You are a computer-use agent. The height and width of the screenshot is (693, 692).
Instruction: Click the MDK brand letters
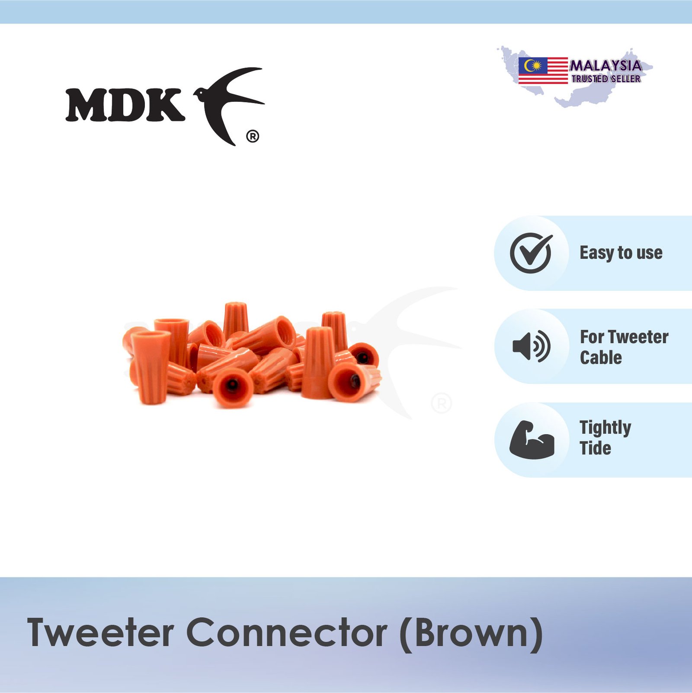tap(125, 105)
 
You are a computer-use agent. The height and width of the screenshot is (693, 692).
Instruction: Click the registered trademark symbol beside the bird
tap(253, 137)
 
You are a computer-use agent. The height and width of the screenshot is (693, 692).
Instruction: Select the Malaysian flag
tap(543, 71)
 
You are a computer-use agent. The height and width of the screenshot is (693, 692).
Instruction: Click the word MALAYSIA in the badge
tap(605, 66)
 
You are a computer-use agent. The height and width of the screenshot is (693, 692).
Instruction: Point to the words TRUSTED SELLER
tap(606, 79)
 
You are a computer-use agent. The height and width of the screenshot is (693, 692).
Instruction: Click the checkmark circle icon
tap(531, 253)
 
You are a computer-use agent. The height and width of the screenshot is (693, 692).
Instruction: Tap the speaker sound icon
tap(531, 347)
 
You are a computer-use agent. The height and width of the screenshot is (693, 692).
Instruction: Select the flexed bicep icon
tap(532, 439)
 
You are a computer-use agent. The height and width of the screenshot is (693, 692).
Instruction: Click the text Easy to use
tap(621, 253)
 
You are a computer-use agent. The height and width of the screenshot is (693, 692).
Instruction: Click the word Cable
tap(601, 358)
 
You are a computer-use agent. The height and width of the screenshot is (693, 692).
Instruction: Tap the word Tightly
tap(605, 428)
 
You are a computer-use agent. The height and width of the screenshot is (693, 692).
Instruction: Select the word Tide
tap(596, 448)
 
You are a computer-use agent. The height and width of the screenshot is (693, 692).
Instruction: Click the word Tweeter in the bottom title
tap(101, 633)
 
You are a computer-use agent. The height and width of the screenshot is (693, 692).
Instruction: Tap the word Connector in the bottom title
tap(287, 633)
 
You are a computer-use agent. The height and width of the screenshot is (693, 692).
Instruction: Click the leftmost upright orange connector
tap(151, 367)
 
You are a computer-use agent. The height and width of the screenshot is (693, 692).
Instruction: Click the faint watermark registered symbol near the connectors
tap(442, 403)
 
